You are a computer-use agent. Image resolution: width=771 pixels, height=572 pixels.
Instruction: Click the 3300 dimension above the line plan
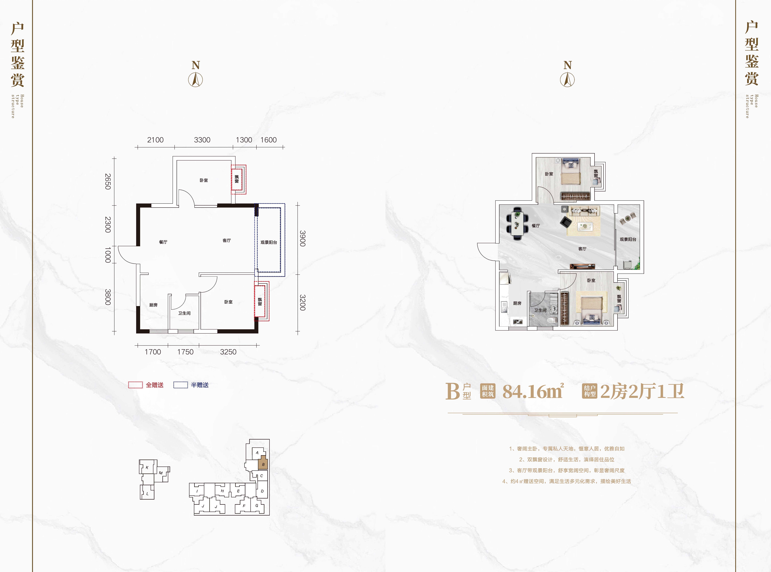click(x=202, y=140)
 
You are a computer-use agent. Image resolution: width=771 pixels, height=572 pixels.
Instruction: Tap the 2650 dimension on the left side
click(x=108, y=181)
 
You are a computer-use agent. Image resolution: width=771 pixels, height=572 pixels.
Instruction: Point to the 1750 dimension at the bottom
click(x=185, y=352)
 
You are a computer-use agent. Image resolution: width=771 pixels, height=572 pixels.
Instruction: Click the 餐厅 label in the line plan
click(x=163, y=242)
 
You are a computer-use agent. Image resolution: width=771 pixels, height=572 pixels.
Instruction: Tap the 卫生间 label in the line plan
click(x=184, y=313)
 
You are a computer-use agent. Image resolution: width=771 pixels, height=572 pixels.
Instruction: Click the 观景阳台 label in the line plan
click(x=269, y=242)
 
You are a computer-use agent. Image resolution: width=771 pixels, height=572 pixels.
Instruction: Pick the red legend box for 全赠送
click(x=135, y=385)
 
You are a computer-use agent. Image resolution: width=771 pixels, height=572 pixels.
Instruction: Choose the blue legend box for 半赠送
click(x=180, y=385)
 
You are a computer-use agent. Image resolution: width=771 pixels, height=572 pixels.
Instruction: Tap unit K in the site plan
click(x=147, y=467)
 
